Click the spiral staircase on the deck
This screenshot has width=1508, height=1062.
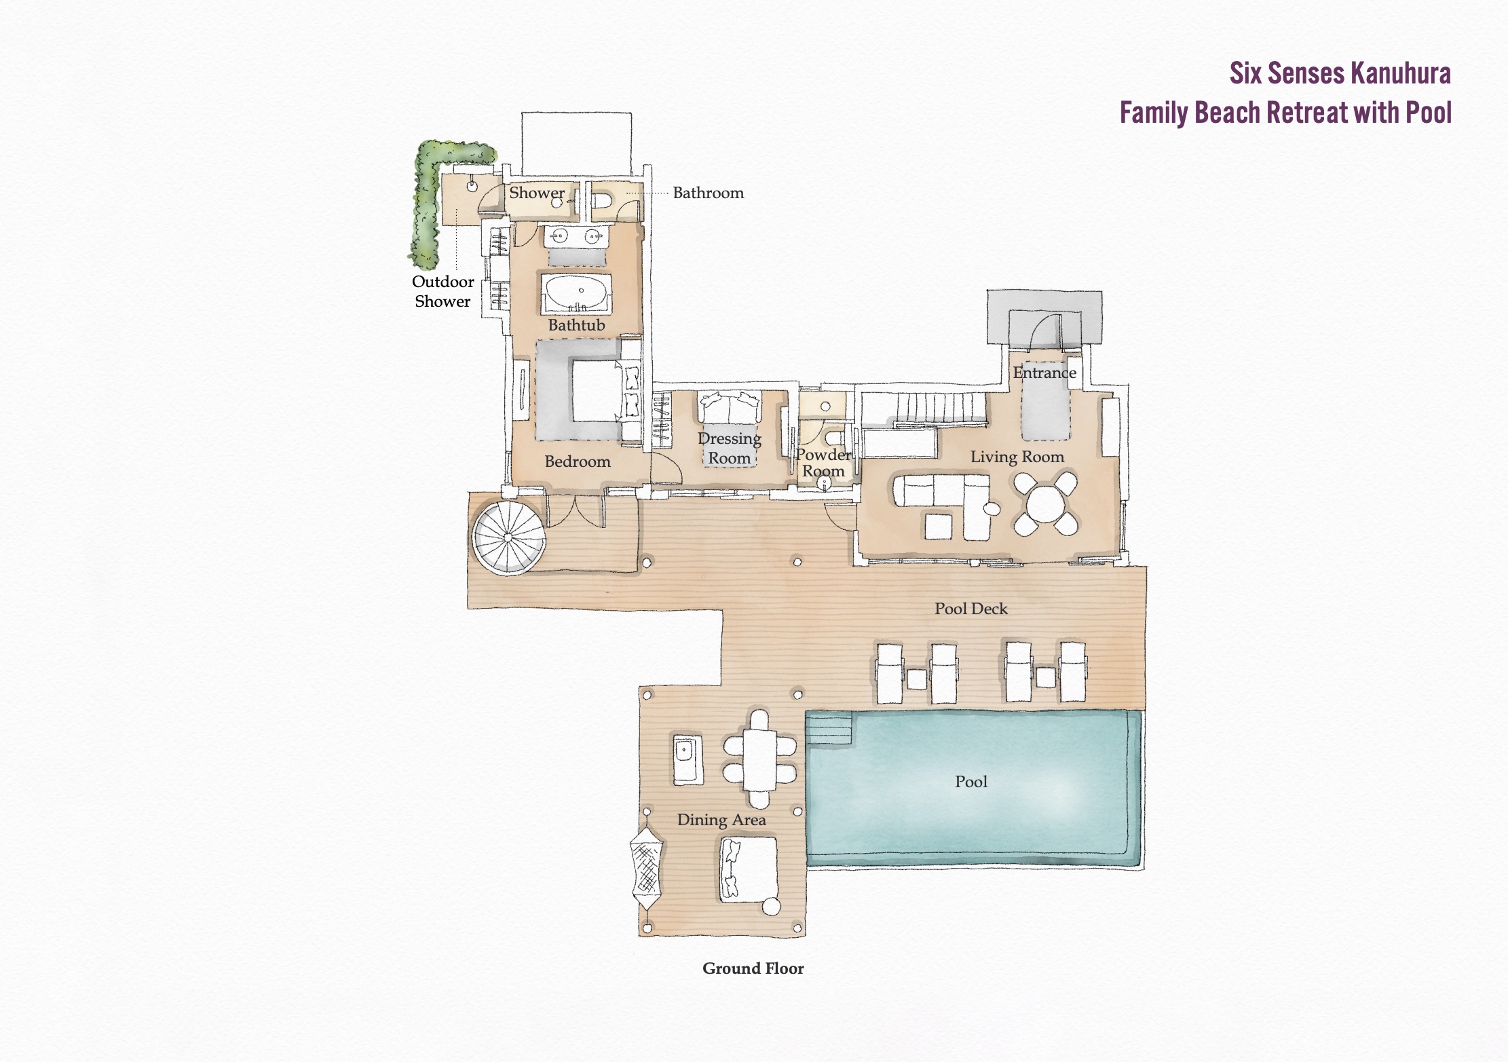click(x=508, y=538)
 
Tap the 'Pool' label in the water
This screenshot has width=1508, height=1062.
click(x=970, y=782)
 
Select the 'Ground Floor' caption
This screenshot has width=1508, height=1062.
click(x=753, y=968)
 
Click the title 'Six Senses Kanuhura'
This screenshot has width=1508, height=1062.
click(x=1340, y=73)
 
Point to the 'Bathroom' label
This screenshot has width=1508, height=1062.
click(x=708, y=193)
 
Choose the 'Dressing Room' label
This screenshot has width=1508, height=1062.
click(x=730, y=449)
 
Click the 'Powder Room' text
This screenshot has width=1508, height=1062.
click(x=823, y=463)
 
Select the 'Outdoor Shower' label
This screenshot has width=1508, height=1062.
click(x=442, y=291)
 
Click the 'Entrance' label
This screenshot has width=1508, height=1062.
click(x=1044, y=373)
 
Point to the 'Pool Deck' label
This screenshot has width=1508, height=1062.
click(x=970, y=609)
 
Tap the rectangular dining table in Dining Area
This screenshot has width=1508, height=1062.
click(x=759, y=759)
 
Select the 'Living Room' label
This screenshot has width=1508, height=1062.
click(x=1017, y=457)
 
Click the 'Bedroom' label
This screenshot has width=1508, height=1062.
click(x=578, y=461)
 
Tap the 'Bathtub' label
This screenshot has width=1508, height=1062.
click(x=576, y=325)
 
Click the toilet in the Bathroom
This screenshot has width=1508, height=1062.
click(x=602, y=201)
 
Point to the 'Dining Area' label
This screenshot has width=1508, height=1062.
click(x=721, y=820)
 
